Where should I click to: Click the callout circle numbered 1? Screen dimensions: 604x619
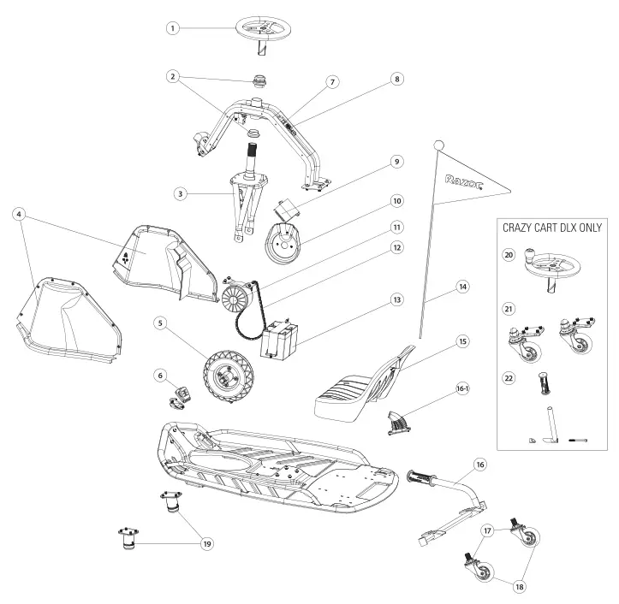pos(173,28)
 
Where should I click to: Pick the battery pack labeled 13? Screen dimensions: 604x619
pos(281,336)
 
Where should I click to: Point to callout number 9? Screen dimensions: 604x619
pos(396,161)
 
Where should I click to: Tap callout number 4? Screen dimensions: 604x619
pos(18,213)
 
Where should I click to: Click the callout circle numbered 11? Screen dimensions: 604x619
pos(396,227)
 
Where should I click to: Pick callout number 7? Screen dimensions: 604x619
pos(331,81)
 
